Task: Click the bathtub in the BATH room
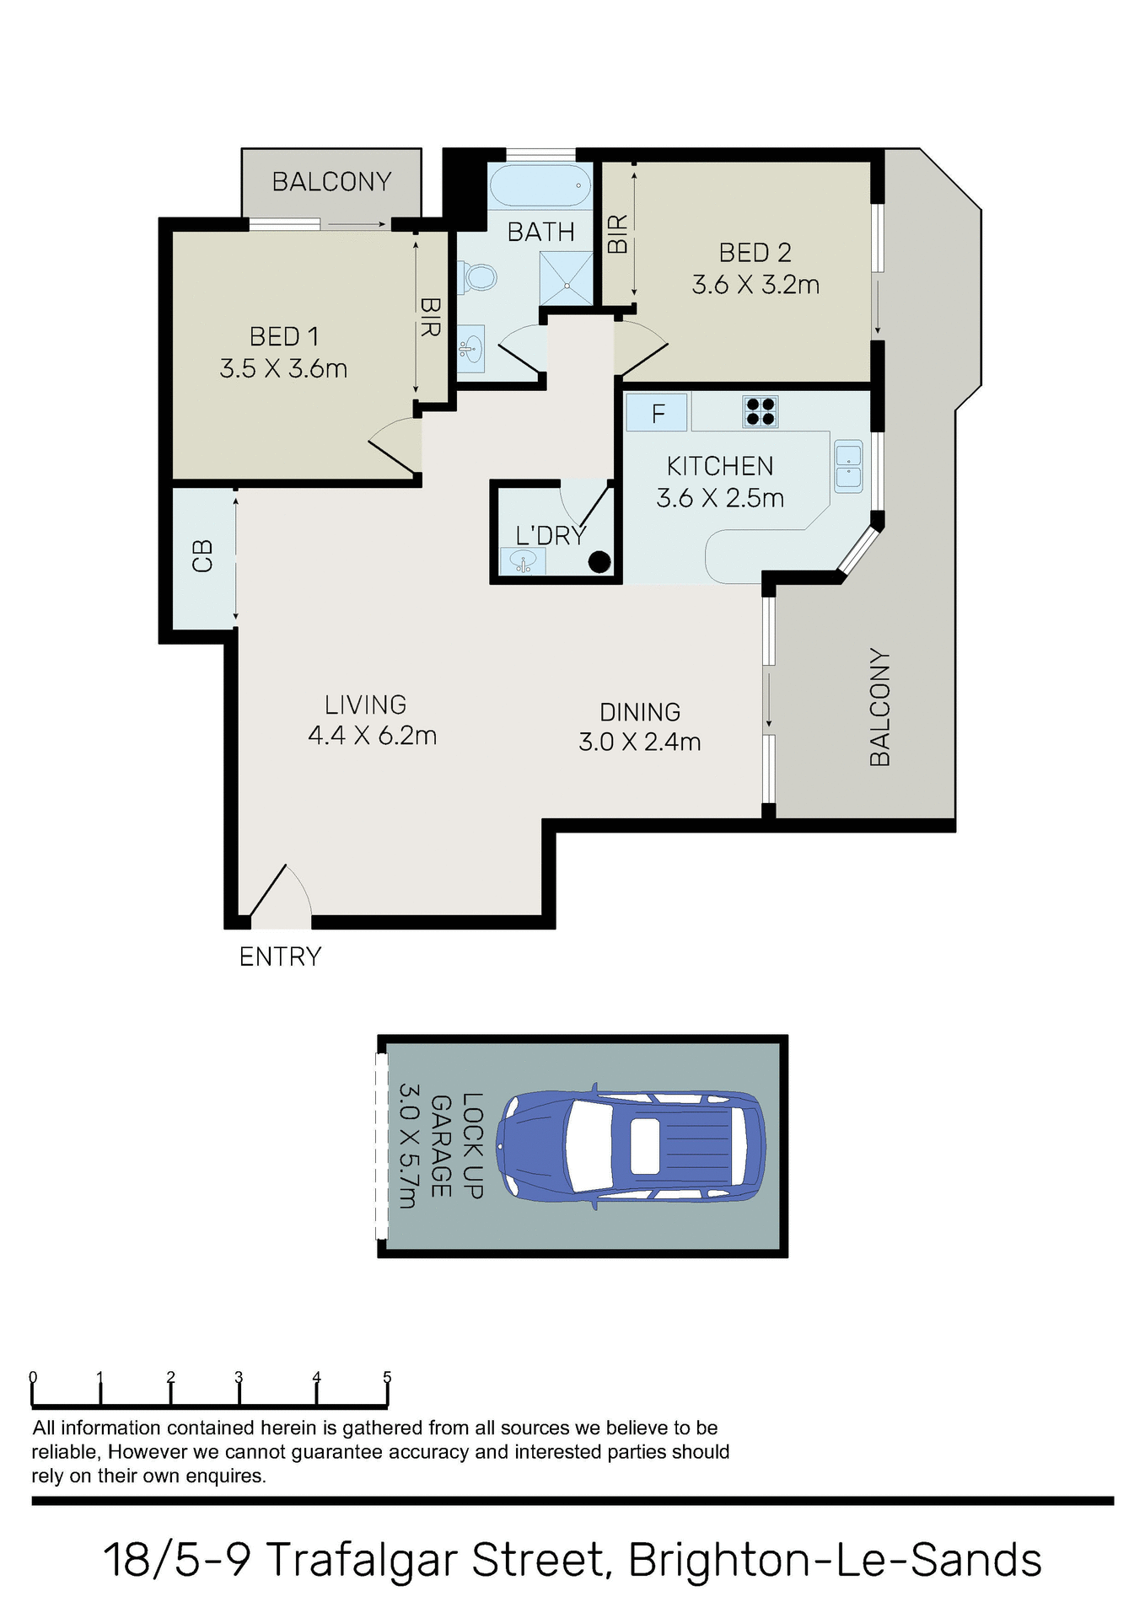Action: [x=540, y=185]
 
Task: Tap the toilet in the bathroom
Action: [x=477, y=276]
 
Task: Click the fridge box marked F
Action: [x=658, y=413]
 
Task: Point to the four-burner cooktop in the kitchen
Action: [x=760, y=411]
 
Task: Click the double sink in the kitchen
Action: [x=848, y=466]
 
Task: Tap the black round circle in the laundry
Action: [x=599, y=561]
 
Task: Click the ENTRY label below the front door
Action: [x=280, y=956]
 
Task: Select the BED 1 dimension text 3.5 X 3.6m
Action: [x=283, y=369]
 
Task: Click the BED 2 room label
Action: [x=755, y=253]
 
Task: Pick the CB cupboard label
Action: [x=203, y=556]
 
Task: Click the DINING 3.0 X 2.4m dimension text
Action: [x=639, y=742]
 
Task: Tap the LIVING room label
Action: [x=366, y=705]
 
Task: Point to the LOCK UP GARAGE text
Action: [x=456, y=1146]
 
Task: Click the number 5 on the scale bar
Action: [x=387, y=1377]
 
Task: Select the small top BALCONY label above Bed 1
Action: [x=331, y=182]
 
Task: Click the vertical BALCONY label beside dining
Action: [x=879, y=707]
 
